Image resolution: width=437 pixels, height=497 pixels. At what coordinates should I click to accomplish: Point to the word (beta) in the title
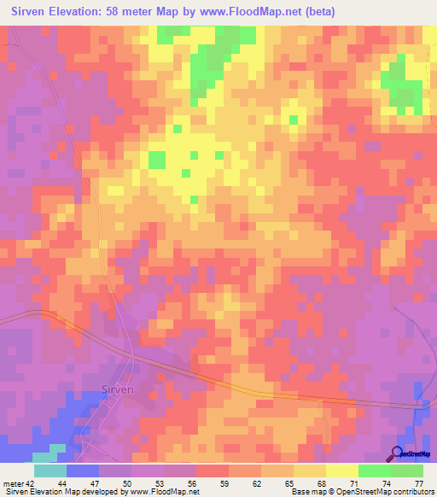click(317, 12)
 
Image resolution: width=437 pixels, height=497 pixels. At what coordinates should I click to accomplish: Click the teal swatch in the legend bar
click(50, 471)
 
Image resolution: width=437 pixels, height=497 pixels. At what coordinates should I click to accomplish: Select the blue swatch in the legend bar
click(83, 471)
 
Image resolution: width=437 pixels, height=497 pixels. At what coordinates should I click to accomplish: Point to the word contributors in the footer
click(408, 492)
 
